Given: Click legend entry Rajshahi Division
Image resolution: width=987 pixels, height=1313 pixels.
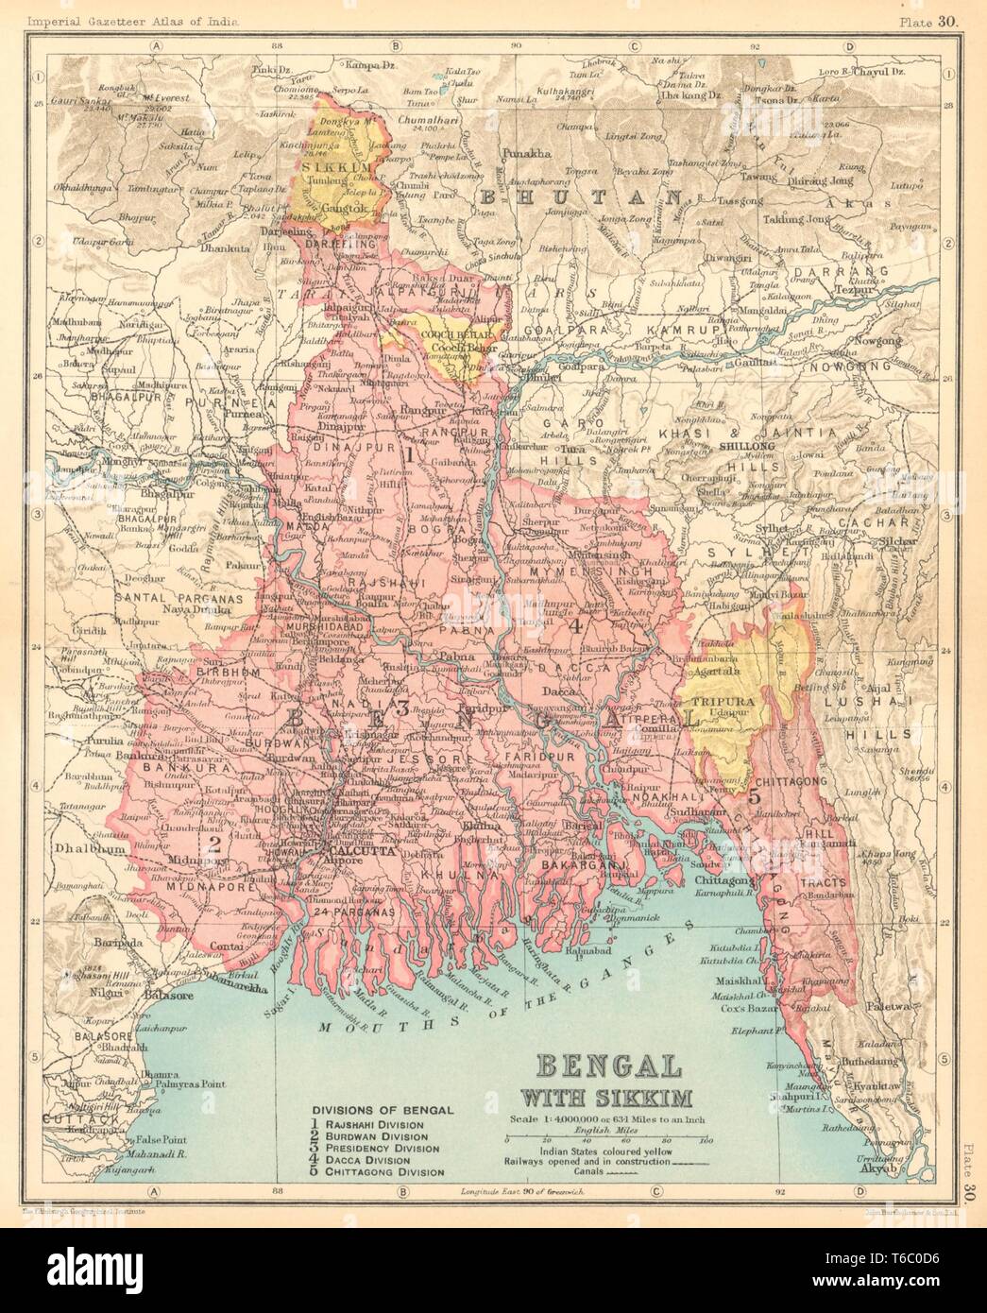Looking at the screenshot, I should coord(383,1125).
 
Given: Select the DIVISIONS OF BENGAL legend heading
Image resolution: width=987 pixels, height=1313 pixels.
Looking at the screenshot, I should coord(382,1110).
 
